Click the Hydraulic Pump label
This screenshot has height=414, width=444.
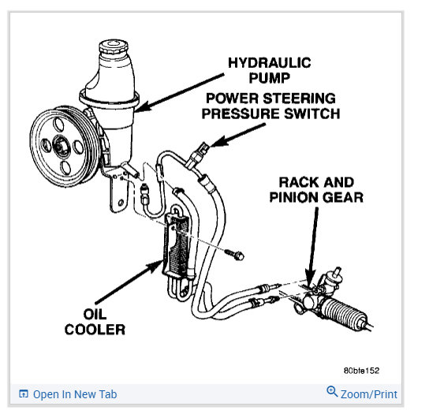point(269,70)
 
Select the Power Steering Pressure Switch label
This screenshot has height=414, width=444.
point(271,106)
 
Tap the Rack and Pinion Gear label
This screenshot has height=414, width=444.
point(316,189)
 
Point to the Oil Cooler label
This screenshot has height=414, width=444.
point(95,322)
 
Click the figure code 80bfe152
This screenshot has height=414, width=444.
point(361,371)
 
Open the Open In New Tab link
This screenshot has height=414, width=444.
point(75,394)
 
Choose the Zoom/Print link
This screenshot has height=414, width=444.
point(368,394)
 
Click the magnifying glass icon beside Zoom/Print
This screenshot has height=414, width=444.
point(332,391)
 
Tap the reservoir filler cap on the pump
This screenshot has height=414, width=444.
point(114,47)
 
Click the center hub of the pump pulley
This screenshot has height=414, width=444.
point(60,147)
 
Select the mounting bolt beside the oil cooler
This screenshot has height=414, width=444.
point(235,254)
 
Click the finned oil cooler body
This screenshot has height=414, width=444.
point(177,245)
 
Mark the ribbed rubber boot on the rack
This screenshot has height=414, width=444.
point(345,314)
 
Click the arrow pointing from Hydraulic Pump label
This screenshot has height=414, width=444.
point(179,92)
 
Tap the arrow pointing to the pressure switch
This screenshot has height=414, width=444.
point(237,135)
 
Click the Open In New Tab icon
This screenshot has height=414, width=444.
point(23,393)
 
